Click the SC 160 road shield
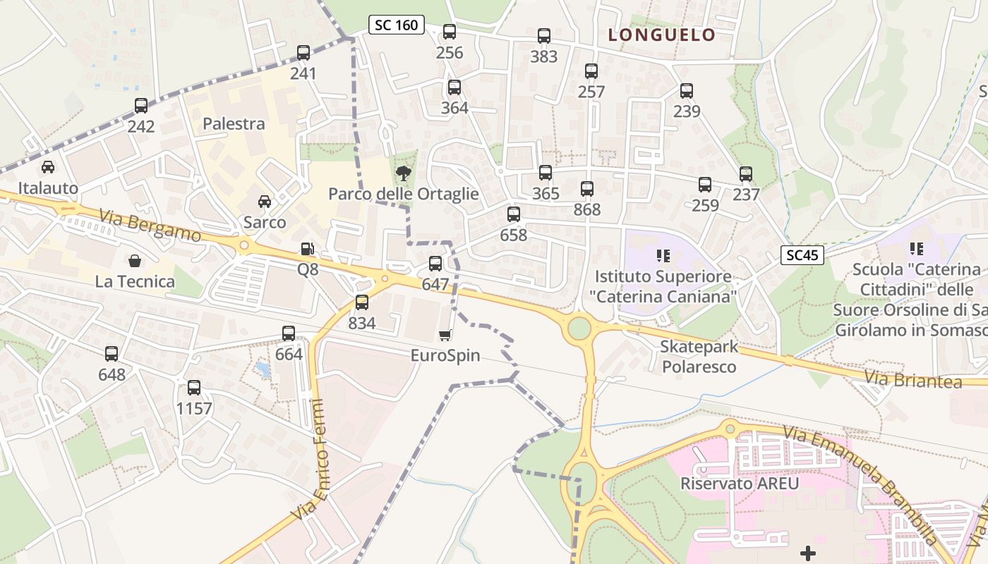pyautogui.click(x=396, y=25)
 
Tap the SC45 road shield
pyautogui.click(x=802, y=255)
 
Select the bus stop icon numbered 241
pyautogui.click(x=303, y=53)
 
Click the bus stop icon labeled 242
pyautogui.click(x=141, y=106)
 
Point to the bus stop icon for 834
pyautogui.click(x=362, y=302)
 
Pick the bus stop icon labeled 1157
pyautogui.click(x=194, y=388)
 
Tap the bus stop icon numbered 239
pyautogui.click(x=687, y=91)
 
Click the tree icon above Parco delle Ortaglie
pyautogui.click(x=403, y=173)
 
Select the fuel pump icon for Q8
pyautogui.click(x=308, y=249)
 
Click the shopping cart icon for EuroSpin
pyautogui.click(x=445, y=335)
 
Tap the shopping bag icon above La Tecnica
pyautogui.click(x=135, y=261)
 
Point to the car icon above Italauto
pyautogui.click(x=48, y=167)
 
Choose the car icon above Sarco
pyautogui.click(x=265, y=202)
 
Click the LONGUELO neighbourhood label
pyautogui.click(x=662, y=35)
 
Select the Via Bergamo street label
pyautogui.click(x=150, y=224)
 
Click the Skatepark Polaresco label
pyautogui.click(x=699, y=357)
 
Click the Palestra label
pyautogui.click(x=234, y=124)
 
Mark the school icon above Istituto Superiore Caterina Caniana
pyautogui.click(x=662, y=255)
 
